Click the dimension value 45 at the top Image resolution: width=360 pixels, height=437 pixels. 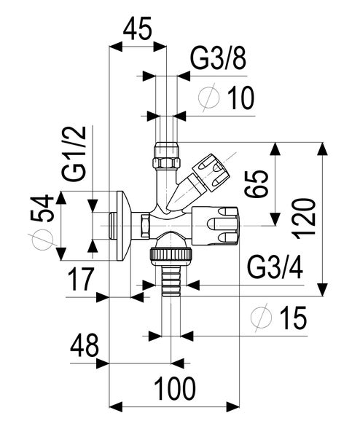click(138, 30)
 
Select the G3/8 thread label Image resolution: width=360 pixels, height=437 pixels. click(218, 60)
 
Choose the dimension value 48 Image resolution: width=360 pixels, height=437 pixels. click(84, 346)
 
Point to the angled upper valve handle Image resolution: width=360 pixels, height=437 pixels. click(210, 172)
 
